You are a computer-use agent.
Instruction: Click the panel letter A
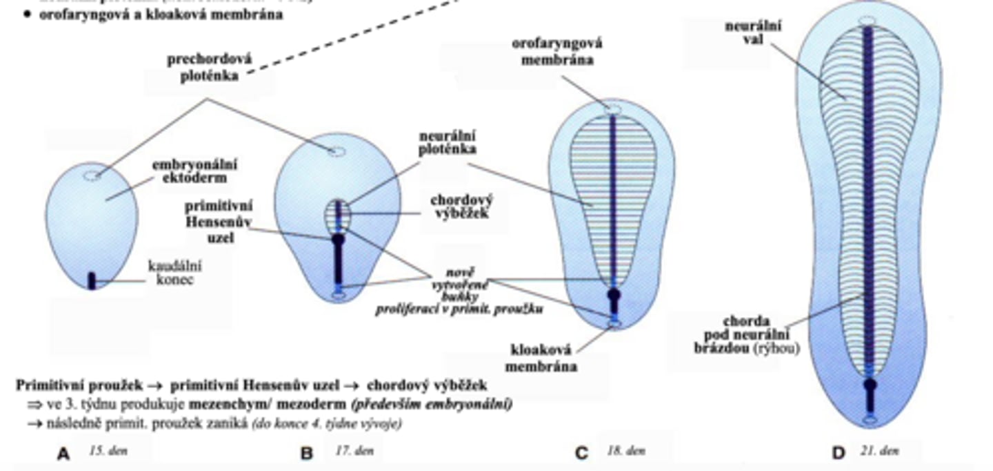(x=63, y=454)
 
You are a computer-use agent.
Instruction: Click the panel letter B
(x=307, y=454)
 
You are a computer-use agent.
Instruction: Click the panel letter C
(x=581, y=454)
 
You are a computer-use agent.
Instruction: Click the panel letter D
(x=838, y=454)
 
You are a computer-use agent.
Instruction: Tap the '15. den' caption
(x=108, y=452)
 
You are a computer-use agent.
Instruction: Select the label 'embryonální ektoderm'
(x=194, y=171)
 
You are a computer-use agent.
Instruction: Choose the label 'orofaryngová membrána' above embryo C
(x=556, y=51)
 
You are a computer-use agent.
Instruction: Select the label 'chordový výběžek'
(x=461, y=206)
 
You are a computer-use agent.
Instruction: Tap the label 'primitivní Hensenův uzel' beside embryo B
(x=218, y=221)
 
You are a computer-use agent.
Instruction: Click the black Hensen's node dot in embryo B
(x=338, y=240)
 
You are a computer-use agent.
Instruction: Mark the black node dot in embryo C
(x=613, y=295)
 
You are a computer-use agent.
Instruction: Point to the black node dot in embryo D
(x=870, y=385)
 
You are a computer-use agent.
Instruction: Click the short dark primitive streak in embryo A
(x=92, y=280)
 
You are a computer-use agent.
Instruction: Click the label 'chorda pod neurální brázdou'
(x=745, y=335)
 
